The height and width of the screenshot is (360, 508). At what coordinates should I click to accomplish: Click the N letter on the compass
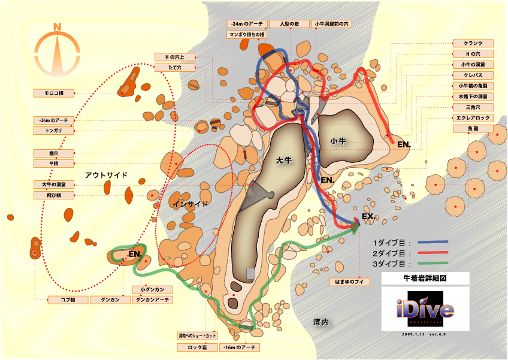pos(57,26)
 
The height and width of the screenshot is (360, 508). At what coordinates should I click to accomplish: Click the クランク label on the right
pos(473,43)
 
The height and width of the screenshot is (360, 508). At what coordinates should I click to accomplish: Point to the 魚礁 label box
pos(473,129)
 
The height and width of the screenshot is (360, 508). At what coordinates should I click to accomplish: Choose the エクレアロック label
pos(473,118)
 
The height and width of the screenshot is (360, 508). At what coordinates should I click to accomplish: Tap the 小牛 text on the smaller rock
pos(338,141)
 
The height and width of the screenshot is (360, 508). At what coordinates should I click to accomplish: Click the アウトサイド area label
pos(107,175)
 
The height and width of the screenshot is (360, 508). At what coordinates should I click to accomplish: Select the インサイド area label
pos(190,204)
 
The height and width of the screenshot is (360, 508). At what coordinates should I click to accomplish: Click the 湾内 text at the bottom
pos(321,322)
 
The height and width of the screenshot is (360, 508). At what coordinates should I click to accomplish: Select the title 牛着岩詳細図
pos(425,279)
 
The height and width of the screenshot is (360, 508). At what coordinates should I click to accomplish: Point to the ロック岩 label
pos(196,347)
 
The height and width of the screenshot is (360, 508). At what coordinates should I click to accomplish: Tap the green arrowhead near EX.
pos(356,226)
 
